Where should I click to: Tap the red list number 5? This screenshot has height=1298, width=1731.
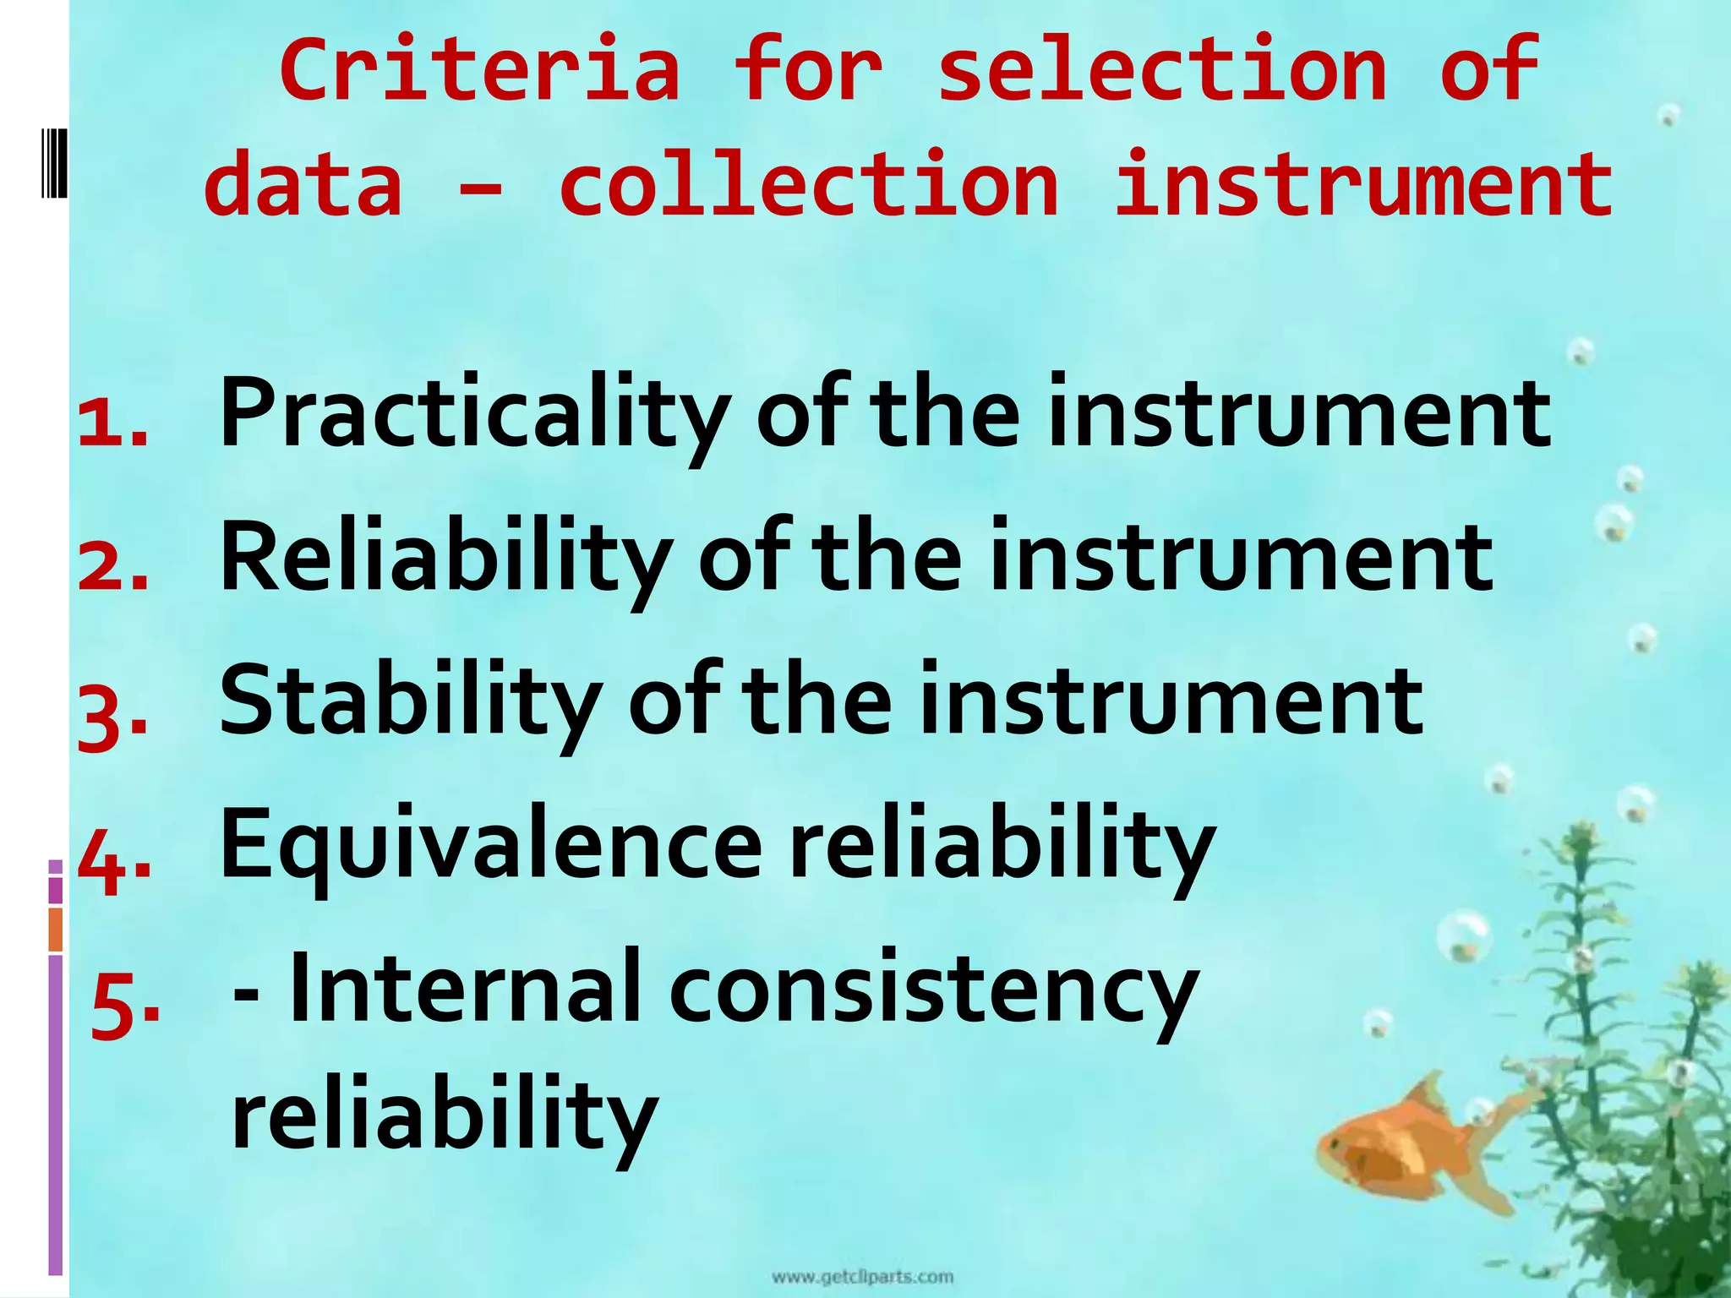[x=125, y=1006]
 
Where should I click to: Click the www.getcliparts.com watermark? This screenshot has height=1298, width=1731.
[x=862, y=1276]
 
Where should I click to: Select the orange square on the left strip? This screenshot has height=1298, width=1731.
[x=56, y=929]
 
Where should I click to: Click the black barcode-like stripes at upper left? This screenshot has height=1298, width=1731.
[x=54, y=161]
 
